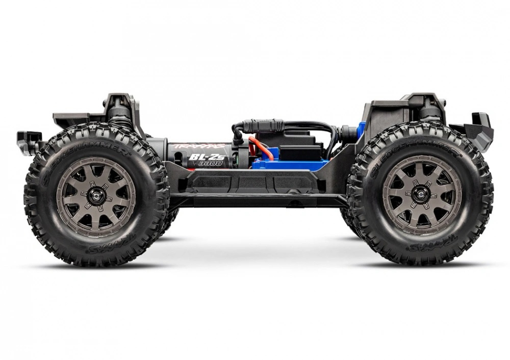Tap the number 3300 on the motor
211,164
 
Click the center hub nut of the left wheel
96,197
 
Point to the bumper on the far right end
479,127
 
